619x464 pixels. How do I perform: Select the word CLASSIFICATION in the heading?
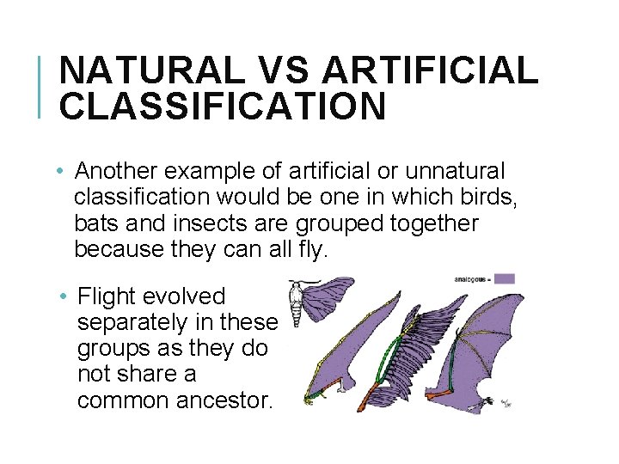223,106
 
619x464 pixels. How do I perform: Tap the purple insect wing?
332,296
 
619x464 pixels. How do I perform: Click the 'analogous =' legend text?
471,278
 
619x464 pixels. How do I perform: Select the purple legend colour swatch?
504,278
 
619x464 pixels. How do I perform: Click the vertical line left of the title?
40,86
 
